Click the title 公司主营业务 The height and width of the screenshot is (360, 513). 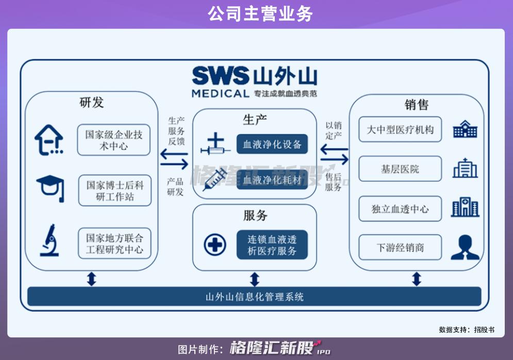click(x=260, y=14)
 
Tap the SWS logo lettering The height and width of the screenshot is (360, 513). click(x=221, y=76)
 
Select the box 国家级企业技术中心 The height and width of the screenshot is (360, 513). click(x=114, y=140)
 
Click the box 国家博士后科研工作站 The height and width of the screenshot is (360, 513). click(x=115, y=190)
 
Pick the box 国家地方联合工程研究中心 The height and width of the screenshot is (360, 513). click(x=114, y=243)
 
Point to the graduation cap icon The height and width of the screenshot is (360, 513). click(x=51, y=188)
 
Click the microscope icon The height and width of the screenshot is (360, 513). click(x=49, y=240)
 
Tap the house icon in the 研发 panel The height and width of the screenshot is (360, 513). click(x=49, y=140)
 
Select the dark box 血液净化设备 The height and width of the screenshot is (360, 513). click(x=272, y=144)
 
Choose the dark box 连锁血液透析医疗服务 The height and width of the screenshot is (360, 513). click(x=272, y=245)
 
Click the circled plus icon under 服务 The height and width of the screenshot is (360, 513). click(x=215, y=244)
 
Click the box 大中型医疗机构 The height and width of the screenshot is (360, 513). click(x=400, y=129)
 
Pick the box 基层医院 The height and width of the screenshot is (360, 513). click(x=400, y=169)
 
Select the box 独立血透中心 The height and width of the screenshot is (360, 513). click(x=400, y=209)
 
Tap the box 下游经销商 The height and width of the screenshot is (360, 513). click(x=400, y=248)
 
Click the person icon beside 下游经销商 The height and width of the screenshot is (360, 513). click(x=465, y=248)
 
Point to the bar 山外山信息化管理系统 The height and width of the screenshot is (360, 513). click(x=254, y=297)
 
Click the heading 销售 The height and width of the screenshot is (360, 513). click(x=417, y=105)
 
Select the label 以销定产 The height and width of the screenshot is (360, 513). click(x=334, y=130)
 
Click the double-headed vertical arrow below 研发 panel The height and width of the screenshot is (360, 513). click(x=92, y=279)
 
